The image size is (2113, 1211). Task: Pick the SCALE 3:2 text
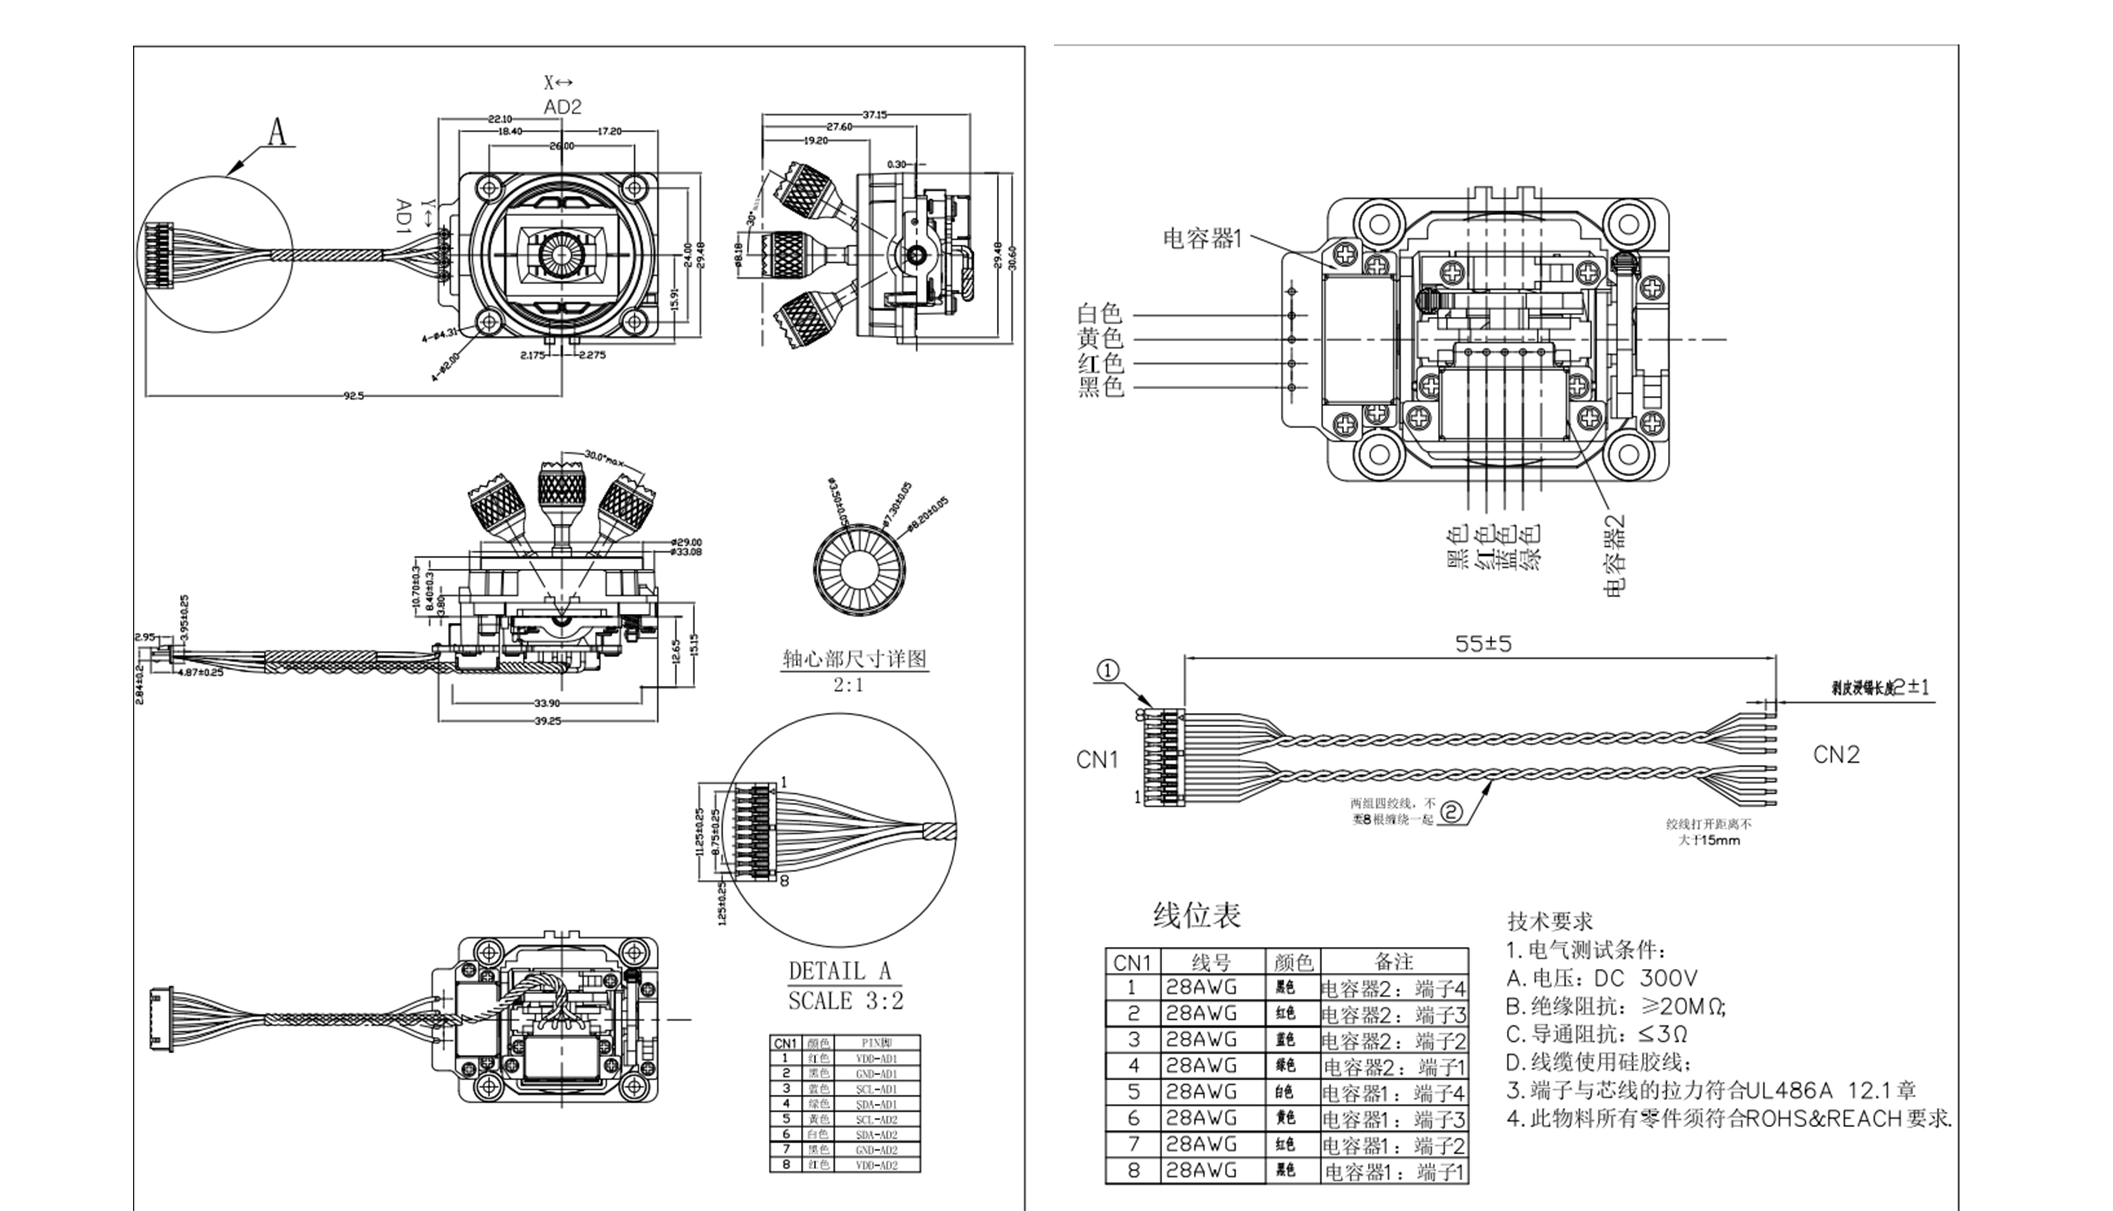(845, 1000)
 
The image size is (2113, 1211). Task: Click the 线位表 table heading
(1196, 916)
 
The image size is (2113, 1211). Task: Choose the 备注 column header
(1394, 962)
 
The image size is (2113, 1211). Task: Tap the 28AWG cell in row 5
(1201, 1091)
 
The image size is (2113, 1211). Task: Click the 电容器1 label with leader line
(1202, 240)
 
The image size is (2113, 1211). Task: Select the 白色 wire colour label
(1100, 314)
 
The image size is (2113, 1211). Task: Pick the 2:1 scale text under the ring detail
(848, 685)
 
